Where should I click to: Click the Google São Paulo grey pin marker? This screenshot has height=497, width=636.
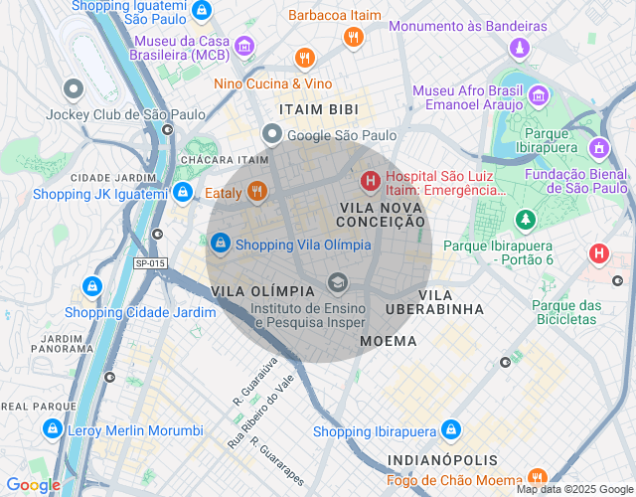[271, 134]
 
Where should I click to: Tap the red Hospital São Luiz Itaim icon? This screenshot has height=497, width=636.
[370, 181]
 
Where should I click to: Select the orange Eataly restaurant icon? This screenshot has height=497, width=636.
[257, 192]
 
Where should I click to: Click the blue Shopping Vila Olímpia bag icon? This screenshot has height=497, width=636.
[221, 243]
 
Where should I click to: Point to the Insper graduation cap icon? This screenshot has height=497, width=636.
[338, 285]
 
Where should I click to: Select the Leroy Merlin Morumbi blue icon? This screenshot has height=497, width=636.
[52, 429]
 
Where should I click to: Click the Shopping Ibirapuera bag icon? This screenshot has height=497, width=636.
[451, 429]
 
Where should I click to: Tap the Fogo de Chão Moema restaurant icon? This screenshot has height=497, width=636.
[538, 476]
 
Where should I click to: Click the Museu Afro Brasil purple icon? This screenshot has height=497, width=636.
[538, 96]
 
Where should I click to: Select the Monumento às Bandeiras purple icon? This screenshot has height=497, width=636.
[518, 47]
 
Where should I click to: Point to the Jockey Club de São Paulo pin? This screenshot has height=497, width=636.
[73, 90]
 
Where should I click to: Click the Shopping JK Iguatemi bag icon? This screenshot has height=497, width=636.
[183, 192]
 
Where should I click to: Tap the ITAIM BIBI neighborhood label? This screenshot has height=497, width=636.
[318, 109]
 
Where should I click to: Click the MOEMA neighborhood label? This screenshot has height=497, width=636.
[389, 341]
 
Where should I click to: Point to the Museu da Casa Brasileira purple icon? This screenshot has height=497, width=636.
[243, 45]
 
